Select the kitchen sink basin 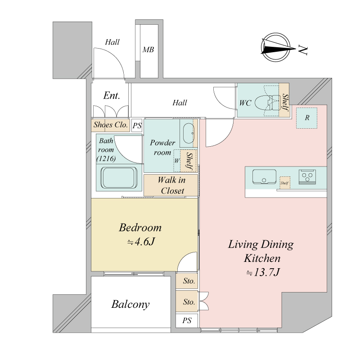pos(264,176)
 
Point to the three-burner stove pos(307,177)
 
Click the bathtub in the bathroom pos(119,178)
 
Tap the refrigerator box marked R pos(307,118)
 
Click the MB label pos(148,49)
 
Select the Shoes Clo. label pos(110,125)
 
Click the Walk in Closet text pos(172,185)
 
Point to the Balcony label pos(130,305)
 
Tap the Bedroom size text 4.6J pos(141,242)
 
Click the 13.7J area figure pos(263,273)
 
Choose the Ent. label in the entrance pos(112,95)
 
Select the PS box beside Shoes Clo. pos(137,126)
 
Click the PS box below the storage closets pos(187,320)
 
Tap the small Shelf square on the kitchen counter pos(285,183)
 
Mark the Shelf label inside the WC pos(285,102)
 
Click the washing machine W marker pos(176,161)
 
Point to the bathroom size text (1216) pos(106,158)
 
